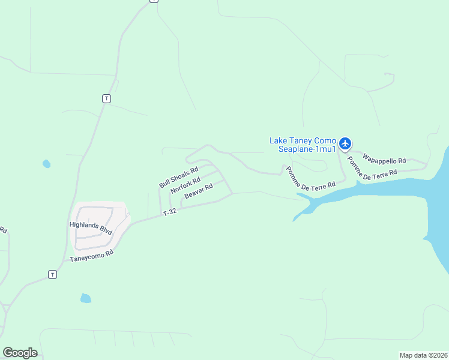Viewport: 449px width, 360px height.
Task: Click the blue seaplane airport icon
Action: pyautogui.click(x=345, y=143)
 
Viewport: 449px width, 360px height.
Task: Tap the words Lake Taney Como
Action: pyautogui.click(x=303, y=140)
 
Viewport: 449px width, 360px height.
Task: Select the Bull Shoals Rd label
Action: pyautogui.click(x=178, y=177)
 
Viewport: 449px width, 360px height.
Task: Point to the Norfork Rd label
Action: pyautogui.click(x=185, y=185)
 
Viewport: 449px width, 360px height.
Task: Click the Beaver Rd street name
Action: pyautogui.click(x=199, y=191)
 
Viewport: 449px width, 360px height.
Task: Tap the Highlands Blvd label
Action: pyautogui.click(x=91, y=227)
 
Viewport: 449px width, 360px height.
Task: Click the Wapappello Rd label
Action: pyautogui.click(x=384, y=160)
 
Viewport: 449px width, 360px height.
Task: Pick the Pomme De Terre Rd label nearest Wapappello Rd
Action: pyautogui.click(x=375, y=165)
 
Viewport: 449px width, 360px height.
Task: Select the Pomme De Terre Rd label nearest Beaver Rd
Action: pyautogui.click(x=310, y=179)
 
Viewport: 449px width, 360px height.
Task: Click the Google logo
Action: pyautogui.click(x=20, y=353)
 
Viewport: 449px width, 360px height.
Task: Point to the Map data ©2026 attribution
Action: pyautogui.click(x=423, y=355)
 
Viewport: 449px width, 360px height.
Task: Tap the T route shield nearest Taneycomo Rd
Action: pyautogui.click(x=52, y=274)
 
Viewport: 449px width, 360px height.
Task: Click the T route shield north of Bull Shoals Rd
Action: pyautogui.click(x=106, y=98)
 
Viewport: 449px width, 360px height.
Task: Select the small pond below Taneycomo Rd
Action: pyautogui.click(x=85, y=298)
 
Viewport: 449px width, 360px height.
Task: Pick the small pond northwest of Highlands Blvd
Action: pyautogui.click(x=46, y=163)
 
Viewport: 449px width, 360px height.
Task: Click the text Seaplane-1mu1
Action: pyautogui.click(x=307, y=149)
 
